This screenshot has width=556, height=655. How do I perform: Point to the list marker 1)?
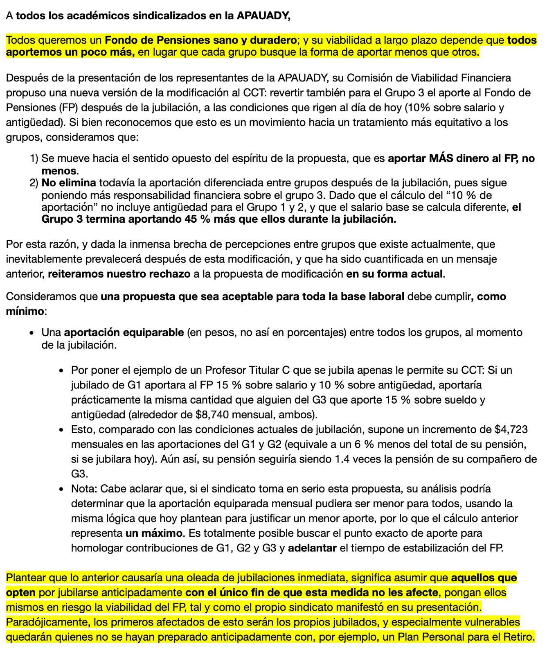click(x=34, y=158)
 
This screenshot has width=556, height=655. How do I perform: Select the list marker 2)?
click(x=34, y=183)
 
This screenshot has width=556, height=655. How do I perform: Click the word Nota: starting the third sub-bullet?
click(x=84, y=489)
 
